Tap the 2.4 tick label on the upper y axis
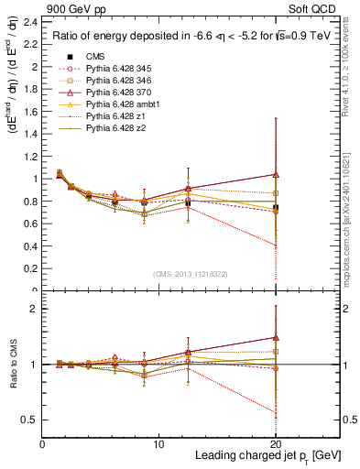click(32, 22)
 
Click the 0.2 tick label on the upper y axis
click(32, 269)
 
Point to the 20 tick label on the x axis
click(276, 444)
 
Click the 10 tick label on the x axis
click(158, 444)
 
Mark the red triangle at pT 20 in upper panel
click(276, 174)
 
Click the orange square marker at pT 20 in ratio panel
click(276, 351)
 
